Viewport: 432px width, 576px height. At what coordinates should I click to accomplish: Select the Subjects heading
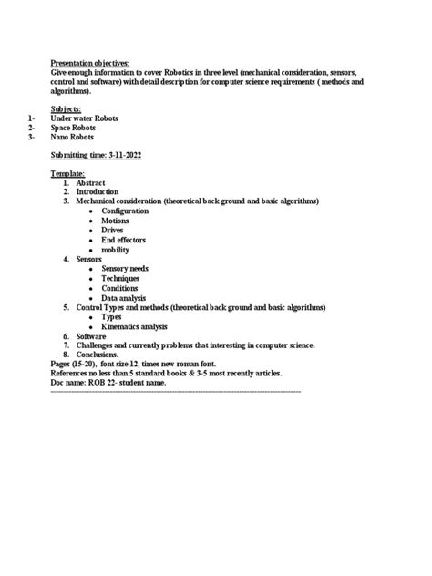(66, 108)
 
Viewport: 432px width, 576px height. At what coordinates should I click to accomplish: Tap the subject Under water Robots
(84, 118)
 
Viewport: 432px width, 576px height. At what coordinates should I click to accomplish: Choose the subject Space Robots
(74, 128)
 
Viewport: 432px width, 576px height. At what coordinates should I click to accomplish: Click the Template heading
(67, 173)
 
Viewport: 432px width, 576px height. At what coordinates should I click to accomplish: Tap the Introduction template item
(97, 192)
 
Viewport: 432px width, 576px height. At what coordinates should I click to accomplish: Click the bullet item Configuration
(125, 211)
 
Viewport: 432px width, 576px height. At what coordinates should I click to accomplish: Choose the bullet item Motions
(115, 221)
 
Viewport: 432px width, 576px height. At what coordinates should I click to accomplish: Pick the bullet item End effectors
(123, 240)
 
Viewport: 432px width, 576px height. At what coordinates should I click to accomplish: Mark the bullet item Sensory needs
(125, 269)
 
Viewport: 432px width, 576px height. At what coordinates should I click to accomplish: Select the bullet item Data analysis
(125, 297)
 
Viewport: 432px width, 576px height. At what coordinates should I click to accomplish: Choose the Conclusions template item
(98, 355)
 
